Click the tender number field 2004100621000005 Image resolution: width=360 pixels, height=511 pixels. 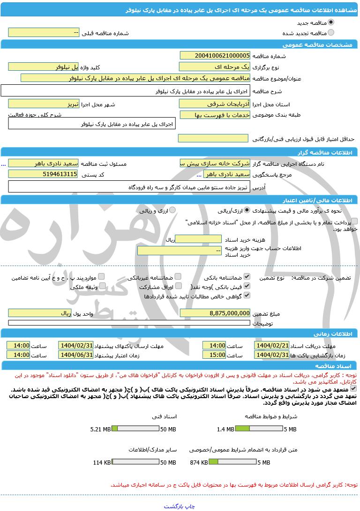tap(215, 55)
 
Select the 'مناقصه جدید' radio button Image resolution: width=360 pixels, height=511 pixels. tap(331, 22)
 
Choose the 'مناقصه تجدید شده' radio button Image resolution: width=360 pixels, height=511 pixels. tap(331, 33)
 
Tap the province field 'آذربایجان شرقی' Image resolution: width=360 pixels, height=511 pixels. tap(215, 104)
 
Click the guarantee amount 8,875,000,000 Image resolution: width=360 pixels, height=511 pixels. tap(215, 313)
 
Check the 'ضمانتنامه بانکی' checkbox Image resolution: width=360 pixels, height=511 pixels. tap(247, 277)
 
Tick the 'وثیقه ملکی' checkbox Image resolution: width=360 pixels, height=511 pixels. tap(101, 286)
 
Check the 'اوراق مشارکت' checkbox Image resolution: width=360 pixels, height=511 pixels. tap(178, 286)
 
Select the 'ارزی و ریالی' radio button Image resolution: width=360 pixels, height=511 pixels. tap(172, 210)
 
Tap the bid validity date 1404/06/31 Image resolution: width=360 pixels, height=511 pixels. tap(76, 355)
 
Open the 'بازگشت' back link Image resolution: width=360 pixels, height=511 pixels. tap(173, 506)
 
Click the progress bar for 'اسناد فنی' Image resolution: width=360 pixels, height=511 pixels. tap(136, 429)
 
